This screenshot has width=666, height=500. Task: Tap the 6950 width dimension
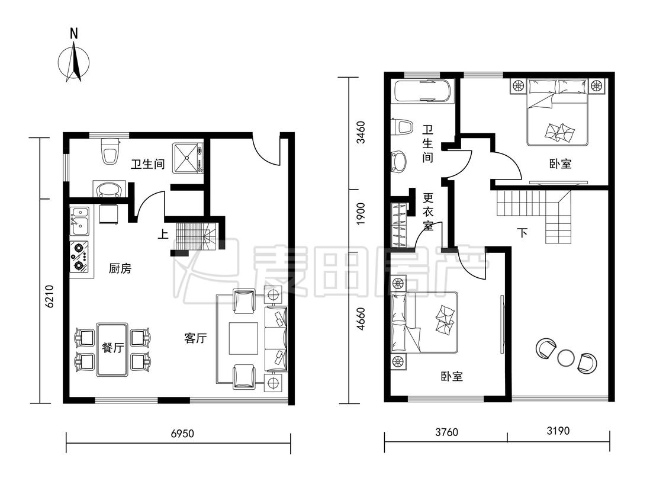point(182,433)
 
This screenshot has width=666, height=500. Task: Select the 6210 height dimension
point(50,296)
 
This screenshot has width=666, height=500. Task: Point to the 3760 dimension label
point(446,432)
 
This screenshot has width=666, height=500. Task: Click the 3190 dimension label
point(558,431)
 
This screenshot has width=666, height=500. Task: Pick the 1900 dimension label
point(360,214)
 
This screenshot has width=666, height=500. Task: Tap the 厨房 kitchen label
point(120,268)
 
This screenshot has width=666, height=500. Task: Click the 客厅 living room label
point(196,338)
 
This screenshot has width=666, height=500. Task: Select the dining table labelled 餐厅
point(112,350)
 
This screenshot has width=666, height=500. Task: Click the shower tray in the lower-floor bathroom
point(188,158)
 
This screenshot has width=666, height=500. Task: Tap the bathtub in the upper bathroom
point(422,91)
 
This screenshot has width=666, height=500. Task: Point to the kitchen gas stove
point(79,257)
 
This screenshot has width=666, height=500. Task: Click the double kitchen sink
point(79,221)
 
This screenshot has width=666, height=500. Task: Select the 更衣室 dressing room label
point(428,211)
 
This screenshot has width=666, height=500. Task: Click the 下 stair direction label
point(522,233)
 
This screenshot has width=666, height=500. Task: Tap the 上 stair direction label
point(163,234)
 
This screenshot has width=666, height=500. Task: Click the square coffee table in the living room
point(243,338)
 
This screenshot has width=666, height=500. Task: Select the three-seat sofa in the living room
point(276,338)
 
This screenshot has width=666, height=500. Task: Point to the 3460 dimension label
point(360,132)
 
